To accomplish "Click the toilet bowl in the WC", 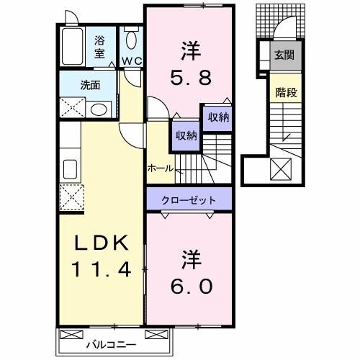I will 130,40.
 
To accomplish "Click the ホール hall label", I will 159,168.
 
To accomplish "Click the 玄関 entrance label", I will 282,53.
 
